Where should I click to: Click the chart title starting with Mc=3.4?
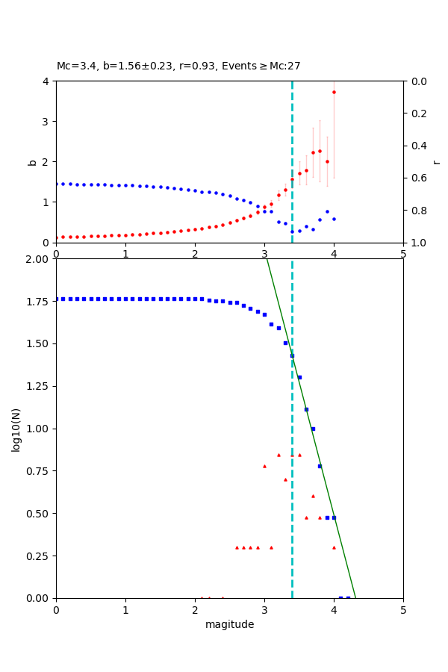[x=178, y=66]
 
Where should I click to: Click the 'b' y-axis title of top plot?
[x=32, y=161]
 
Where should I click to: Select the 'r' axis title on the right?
[x=436, y=161]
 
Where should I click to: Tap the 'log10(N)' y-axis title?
[x=16, y=429]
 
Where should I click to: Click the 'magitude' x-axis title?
[x=229, y=625]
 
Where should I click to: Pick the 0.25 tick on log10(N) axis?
[x=36, y=556]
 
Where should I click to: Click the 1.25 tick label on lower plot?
[x=36, y=385]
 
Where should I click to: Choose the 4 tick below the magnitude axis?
[x=334, y=610]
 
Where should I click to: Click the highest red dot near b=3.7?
[x=334, y=92]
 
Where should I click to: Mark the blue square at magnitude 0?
[x=56, y=299]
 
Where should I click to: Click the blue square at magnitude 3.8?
[x=320, y=466]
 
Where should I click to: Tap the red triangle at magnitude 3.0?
[x=264, y=466]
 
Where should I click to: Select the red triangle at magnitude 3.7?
[x=313, y=496]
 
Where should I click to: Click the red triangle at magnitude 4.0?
[x=334, y=547]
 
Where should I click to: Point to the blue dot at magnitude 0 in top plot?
[x=56, y=184]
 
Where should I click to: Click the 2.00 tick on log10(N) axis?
[x=36, y=259]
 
